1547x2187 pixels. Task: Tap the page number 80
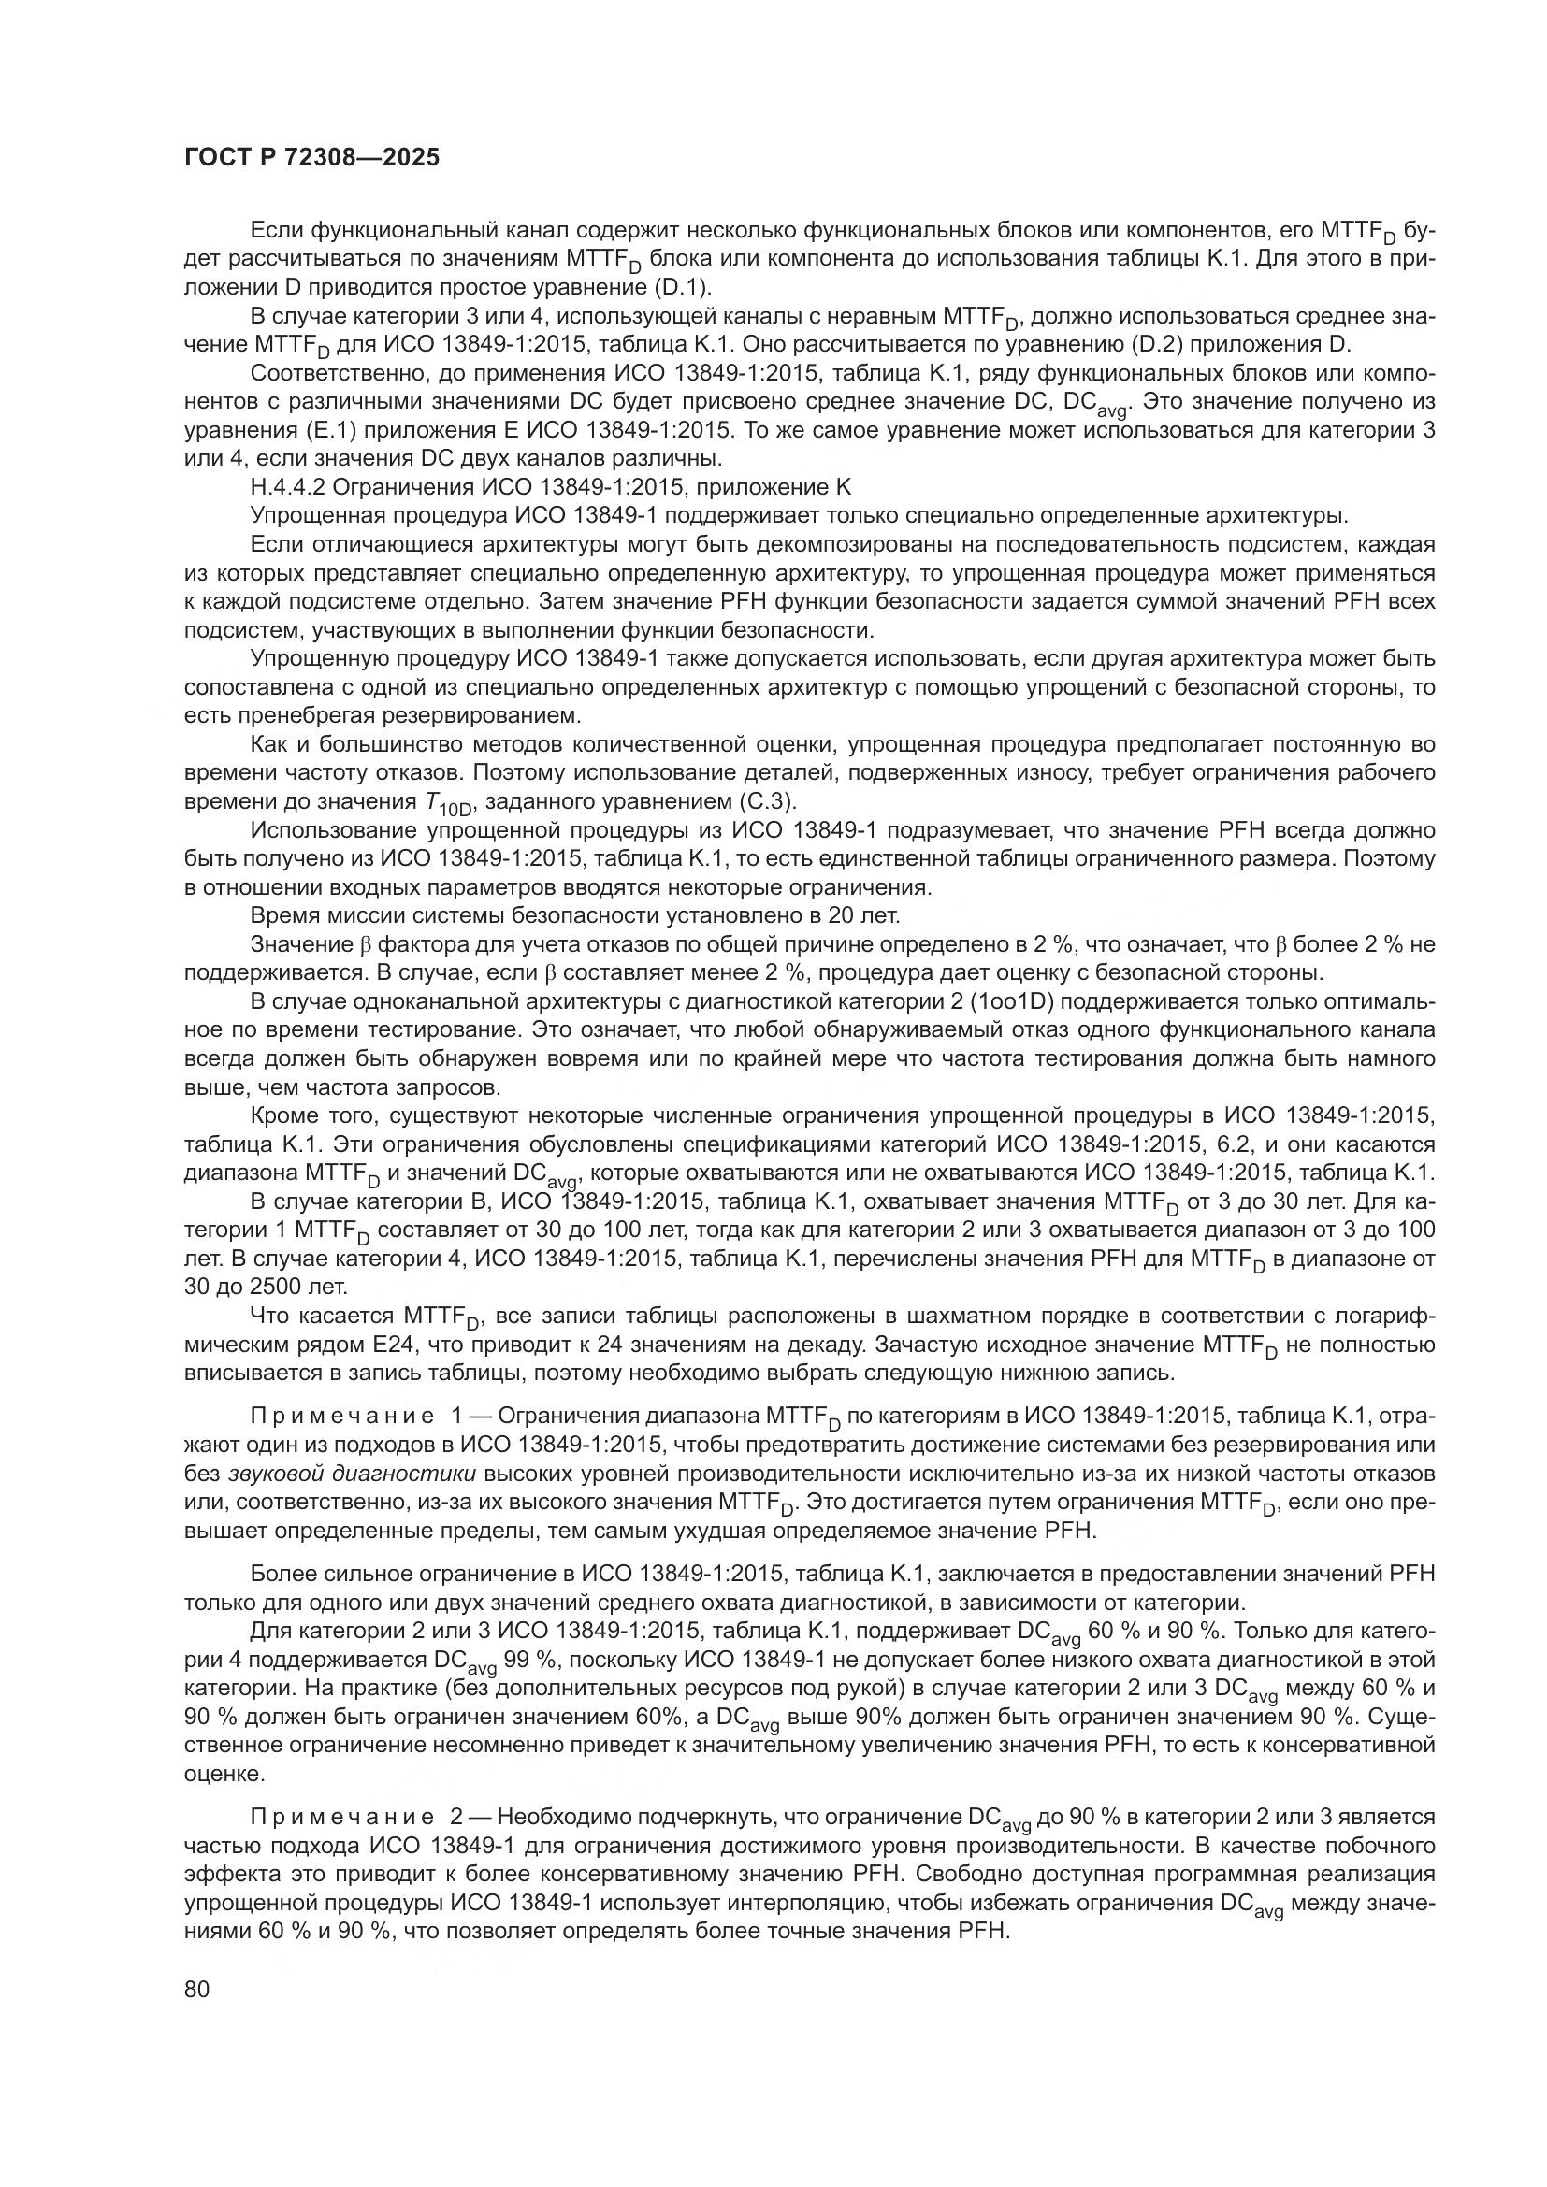coord(197,1989)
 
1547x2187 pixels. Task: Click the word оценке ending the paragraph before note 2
coord(223,1775)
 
